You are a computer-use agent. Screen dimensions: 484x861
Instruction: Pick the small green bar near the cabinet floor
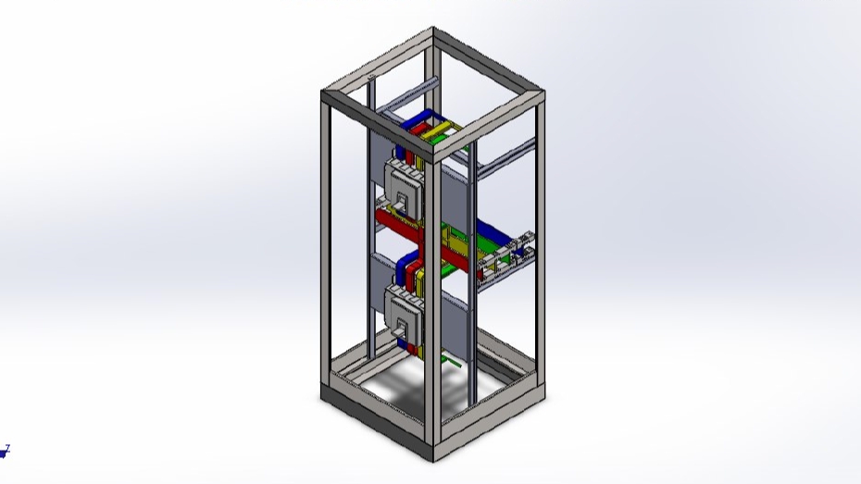tap(451, 358)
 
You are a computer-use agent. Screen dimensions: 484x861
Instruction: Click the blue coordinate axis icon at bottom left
tap(5, 452)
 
